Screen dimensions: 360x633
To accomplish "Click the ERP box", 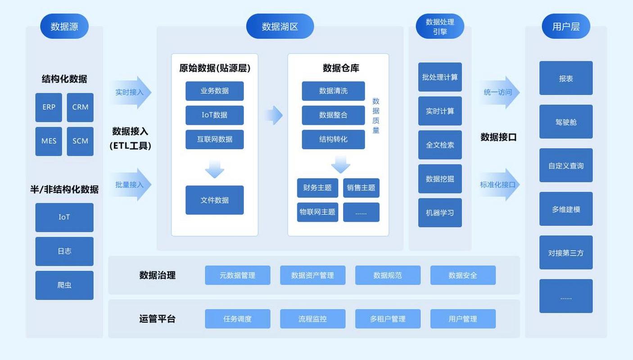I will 49,107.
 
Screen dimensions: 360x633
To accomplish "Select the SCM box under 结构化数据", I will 80,141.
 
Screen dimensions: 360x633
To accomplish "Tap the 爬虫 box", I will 64,285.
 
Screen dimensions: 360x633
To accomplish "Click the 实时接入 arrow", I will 131,92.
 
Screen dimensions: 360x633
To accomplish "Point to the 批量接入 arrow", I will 131,184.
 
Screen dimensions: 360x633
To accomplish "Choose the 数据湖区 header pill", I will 280,26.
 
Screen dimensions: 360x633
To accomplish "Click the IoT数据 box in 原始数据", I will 214,115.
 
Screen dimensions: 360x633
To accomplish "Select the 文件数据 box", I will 214,200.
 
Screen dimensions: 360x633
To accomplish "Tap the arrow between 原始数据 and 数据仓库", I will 273,115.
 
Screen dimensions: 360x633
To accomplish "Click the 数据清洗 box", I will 333,91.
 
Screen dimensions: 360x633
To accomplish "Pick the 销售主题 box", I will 361,188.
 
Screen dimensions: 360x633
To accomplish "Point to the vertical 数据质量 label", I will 376,116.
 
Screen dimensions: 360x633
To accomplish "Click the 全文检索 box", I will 440,145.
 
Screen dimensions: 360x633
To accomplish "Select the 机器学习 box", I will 440,212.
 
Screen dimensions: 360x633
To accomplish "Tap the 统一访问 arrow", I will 499,92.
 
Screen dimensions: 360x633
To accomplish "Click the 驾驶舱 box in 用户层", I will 566,121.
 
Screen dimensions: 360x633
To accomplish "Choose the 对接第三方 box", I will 566,252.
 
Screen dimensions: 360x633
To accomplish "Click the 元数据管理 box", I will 237,275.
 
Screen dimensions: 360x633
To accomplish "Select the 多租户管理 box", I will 388,319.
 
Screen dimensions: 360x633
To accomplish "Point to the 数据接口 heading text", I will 498,137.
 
